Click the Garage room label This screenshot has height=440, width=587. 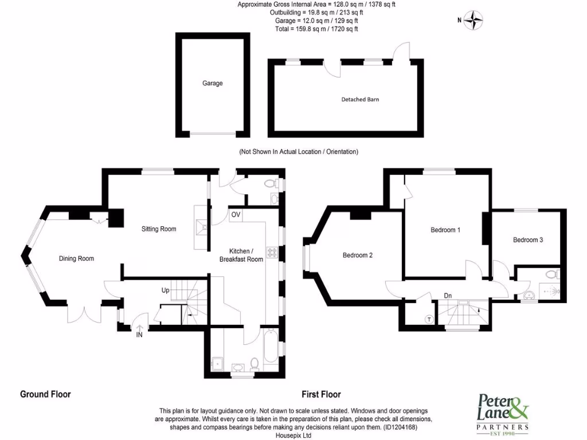click(x=212, y=83)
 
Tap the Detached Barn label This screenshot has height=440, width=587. click(x=360, y=99)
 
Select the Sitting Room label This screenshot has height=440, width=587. click(x=159, y=229)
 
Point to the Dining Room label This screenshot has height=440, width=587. click(x=76, y=258)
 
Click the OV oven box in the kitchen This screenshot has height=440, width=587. click(x=236, y=215)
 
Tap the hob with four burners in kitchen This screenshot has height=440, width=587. click(x=271, y=253)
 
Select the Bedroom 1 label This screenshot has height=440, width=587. click(x=445, y=230)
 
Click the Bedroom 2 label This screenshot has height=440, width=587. click(x=358, y=255)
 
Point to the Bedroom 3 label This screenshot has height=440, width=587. click(x=528, y=239)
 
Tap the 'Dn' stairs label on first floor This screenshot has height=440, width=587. click(x=448, y=296)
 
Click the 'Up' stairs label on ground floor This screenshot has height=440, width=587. click(x=165, y=290)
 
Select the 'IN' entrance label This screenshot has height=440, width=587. click(x=139, y=335)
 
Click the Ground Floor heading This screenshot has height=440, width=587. click(x=45, y=394)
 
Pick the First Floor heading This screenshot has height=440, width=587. click(x=321, y=394)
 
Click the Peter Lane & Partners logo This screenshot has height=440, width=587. click(x=503, y=412)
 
